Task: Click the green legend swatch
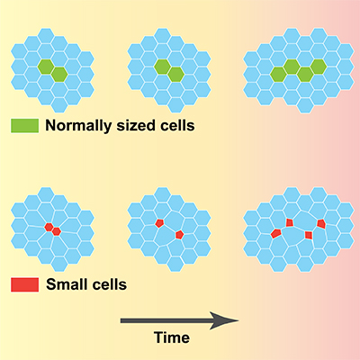pyautogui.click(x=24, y=125)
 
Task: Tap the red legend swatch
pyautogui.click(x=24, y=284)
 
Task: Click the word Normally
pyautogui.click(x=78, y=126)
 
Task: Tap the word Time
pyautogui.click(x=172, y=337)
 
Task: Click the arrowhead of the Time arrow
pyautogui.click(x=223, y=320)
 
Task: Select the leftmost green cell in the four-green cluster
pyautogui.click(x=278, y=75)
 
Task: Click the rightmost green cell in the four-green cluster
pyautogui.click(x=319, y=67)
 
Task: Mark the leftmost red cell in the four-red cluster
pyautogui.click(x=276, y=233)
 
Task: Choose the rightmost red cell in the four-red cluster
pyautogui.click(x=321, y=223)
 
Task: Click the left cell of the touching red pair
pyautogui.click(x=49, y=227)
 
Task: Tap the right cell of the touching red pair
pyautogui.click(x=57, y=231)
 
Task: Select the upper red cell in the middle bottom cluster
pyautogui.click(x=159, y=223)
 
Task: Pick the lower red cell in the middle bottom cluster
pyautogui.click(x=179, y=235)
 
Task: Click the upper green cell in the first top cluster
pyautogui.click(x=46, y=67)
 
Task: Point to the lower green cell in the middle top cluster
pyautogui.click(x=175, y=75)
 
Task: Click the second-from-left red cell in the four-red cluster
pyautogui.click(x=290, y=222)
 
